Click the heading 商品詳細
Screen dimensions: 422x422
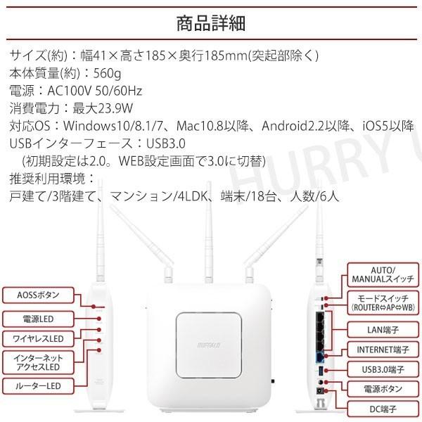[x=210, y=23]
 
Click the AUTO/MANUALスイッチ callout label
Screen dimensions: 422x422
[x=383, y=274]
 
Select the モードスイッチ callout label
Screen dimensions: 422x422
[x=383, y=302]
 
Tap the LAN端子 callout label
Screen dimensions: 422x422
[x=383, y=328]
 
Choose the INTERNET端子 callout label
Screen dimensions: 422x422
[x=383, y=349]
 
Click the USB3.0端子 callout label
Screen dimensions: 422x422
[x=383, y=369]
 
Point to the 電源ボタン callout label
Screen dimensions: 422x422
[x=383, y=388]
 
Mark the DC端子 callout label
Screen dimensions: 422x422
[x=383, y=407]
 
